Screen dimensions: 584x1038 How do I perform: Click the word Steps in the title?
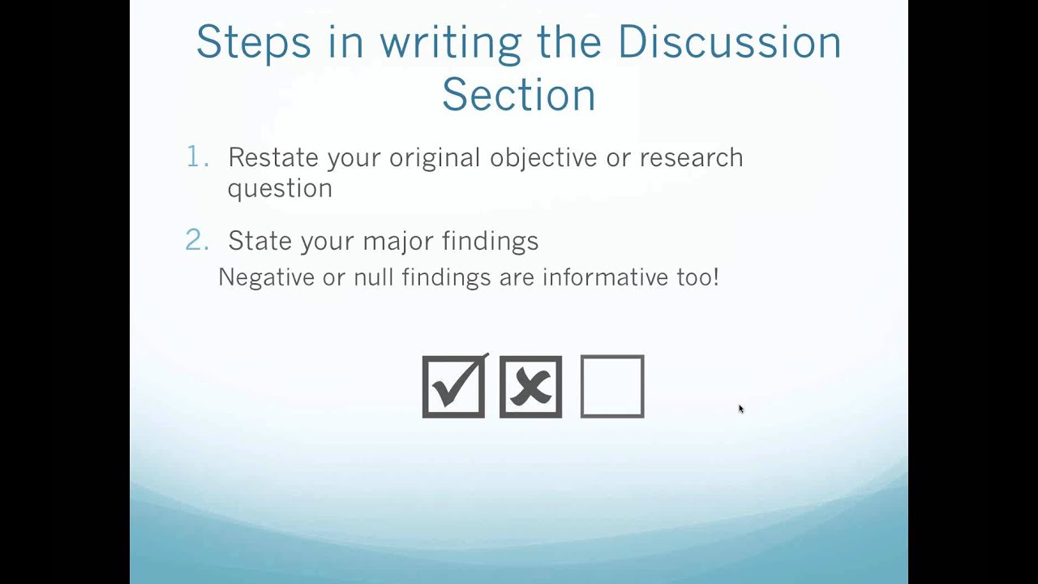(253, 42)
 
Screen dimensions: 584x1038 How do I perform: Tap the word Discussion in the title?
(729, 42)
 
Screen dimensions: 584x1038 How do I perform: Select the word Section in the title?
(519, 95)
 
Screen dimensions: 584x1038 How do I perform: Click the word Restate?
(274, 157)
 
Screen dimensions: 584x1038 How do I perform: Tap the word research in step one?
(691, 157)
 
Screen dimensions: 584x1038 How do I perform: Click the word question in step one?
(280, 189)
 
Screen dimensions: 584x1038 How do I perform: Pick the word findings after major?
(490, 241)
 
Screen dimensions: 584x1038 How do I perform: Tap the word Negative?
(266, 277)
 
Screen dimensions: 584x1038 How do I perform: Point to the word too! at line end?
(697, 277)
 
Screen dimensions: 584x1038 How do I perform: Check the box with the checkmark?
(453, 387)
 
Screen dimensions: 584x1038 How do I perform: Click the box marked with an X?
(530, 387)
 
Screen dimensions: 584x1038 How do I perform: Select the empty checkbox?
(612, 387)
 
